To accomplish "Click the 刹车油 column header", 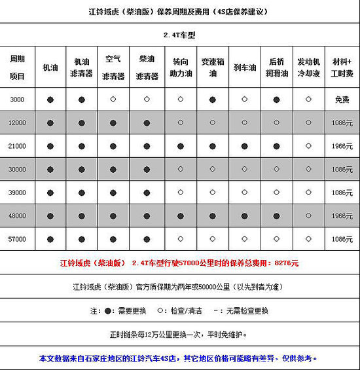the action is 244,67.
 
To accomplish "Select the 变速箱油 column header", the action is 212,67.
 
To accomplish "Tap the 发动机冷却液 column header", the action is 308,67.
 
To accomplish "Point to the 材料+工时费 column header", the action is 341,67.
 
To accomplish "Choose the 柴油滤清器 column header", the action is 147,67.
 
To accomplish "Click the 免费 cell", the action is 341,99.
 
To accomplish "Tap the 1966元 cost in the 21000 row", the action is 341,146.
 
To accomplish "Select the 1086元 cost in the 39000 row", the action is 341,193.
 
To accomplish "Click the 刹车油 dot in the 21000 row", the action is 244,146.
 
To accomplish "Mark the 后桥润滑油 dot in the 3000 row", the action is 276,99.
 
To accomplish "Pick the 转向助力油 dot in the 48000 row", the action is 179,216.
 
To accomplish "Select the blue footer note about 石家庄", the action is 179,359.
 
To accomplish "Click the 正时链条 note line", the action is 179,335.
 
